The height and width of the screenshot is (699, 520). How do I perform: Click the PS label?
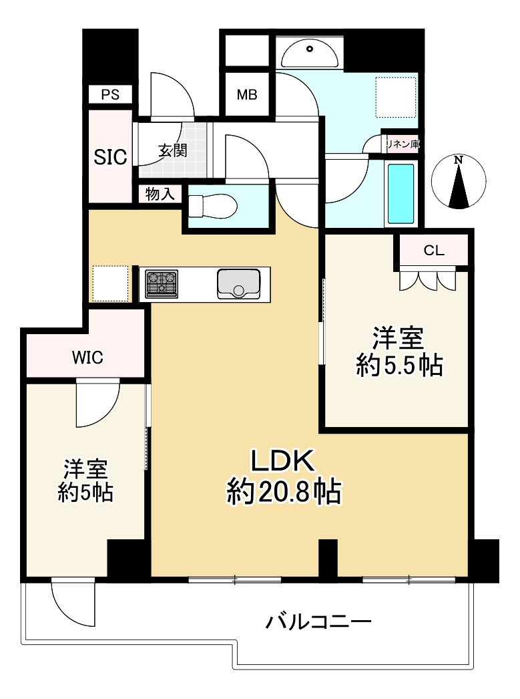click(110, 94)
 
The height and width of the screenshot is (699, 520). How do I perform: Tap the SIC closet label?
click(109, 157)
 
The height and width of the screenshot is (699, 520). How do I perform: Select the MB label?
click(246, 95)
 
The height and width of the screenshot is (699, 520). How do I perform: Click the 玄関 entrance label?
click(172, 151)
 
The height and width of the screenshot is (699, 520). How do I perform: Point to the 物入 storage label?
click(160, 194)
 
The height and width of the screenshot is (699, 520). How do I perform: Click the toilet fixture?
click(210, 205)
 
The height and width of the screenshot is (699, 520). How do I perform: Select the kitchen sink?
click(238, 283)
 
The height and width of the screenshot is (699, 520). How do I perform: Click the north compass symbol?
click(458, 182)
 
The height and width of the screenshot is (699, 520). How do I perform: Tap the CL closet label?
click(434, 251)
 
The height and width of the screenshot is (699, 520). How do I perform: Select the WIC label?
click(87, 358)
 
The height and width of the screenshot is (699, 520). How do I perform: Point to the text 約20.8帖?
click(284, 493)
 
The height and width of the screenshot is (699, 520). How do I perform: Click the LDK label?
click(282, 461)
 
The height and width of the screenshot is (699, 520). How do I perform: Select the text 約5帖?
click(85, 493)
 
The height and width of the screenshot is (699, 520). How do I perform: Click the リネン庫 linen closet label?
click(401, 142)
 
